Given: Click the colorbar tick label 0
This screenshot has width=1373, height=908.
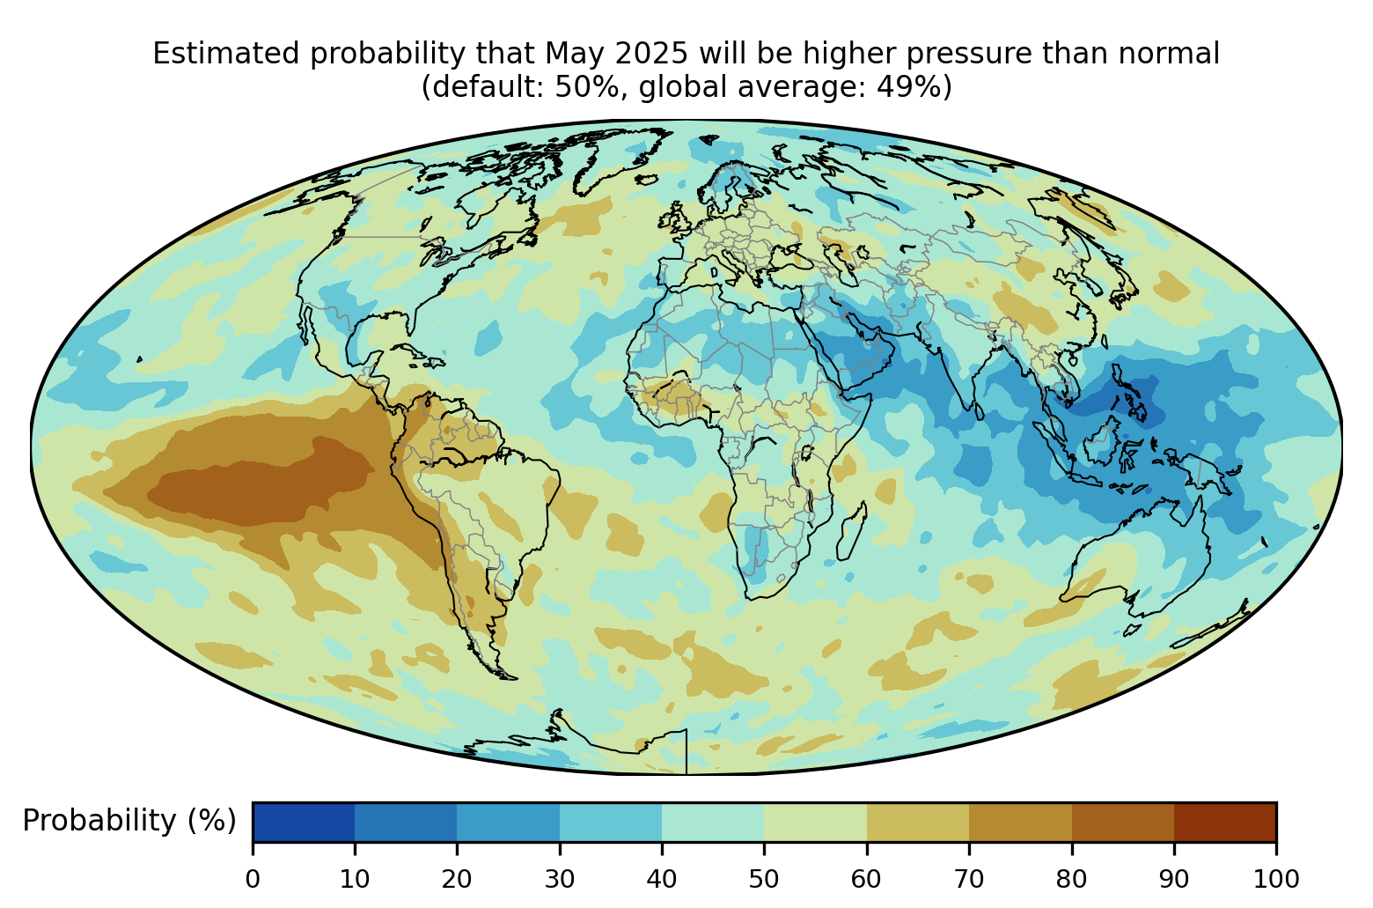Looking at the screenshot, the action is click(253, 879).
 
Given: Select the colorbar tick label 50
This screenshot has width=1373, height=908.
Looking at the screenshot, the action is click(764, 879).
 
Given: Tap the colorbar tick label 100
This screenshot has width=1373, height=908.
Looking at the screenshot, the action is click(1276, 879).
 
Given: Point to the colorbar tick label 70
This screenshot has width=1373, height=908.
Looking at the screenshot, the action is click(969, 879).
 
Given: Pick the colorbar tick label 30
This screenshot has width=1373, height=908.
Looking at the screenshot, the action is click(560, 879).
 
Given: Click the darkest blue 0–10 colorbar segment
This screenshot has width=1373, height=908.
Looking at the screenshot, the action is click(304, 822).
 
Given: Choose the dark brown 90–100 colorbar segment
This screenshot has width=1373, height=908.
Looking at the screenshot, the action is click(1225, 822).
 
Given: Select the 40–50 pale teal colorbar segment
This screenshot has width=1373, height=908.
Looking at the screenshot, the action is click(713, 822).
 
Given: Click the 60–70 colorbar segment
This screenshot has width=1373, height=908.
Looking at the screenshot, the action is click(918, 822).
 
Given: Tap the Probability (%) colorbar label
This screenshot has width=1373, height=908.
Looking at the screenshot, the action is click(129, 821).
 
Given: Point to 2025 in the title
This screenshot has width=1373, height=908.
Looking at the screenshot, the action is click(651, 54).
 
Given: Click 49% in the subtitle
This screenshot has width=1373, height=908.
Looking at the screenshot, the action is click(906, 86).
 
